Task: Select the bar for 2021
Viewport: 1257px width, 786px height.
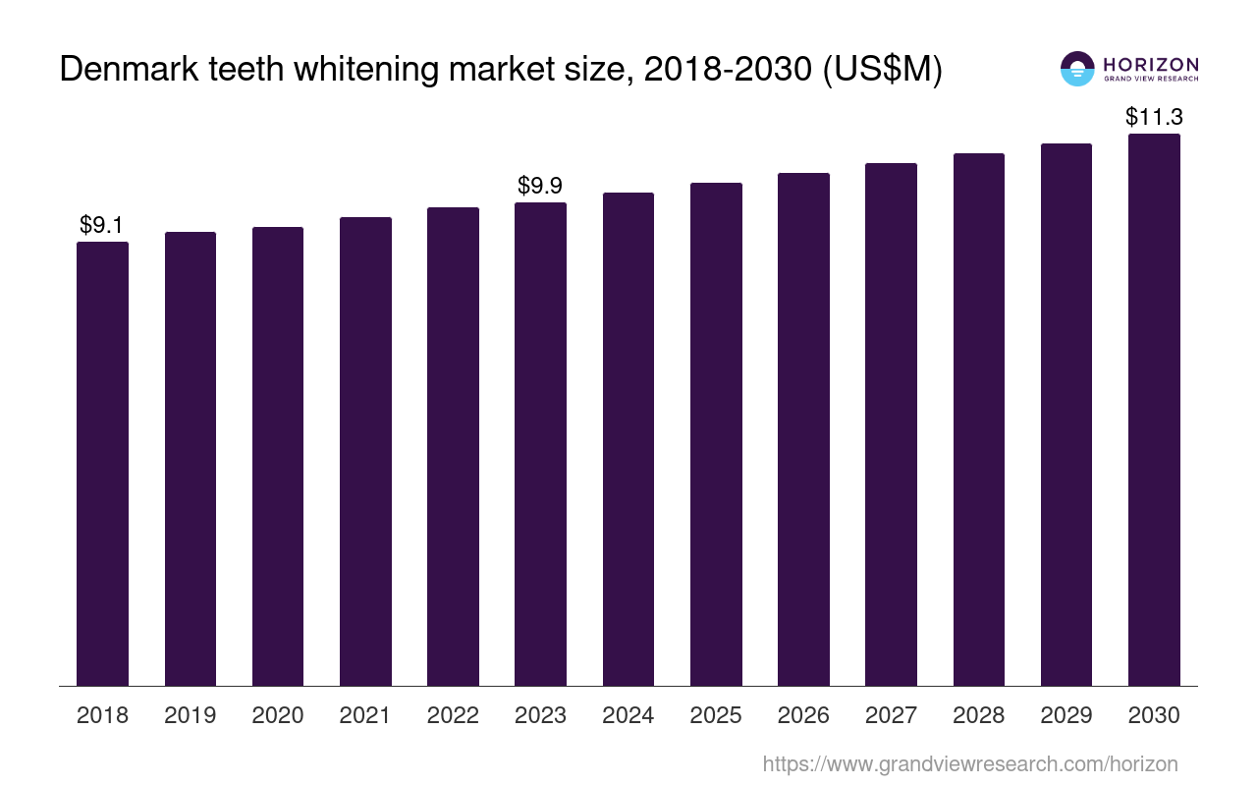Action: [x=365, y=452]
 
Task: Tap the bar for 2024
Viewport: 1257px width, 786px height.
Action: [x=628, y=439]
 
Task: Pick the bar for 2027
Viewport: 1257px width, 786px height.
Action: [x=891, y=424]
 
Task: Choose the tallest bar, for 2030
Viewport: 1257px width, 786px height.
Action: [x=1154, y=410]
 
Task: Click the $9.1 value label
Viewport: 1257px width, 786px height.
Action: [x=101, y=225]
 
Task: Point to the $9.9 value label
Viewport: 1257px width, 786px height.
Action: [x=540, y=186]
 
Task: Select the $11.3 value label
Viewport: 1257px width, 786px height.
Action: [x=1154, y=118]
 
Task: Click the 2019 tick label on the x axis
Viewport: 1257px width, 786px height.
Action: [x=191, y=715]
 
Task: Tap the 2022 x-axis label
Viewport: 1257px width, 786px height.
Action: [x=453, y=715]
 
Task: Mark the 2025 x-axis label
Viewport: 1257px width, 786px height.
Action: [x=716, y=715]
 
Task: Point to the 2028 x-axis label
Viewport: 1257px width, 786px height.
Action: [x=978, y=715]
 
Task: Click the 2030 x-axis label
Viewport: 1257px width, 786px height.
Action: [x=1154, y=715]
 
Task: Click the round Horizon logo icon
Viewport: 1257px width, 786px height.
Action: [x=1077, y=69]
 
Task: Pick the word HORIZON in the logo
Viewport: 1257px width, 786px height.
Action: [x=1150, y=64]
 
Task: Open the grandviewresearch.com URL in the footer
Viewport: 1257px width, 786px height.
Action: [x=970, y=763]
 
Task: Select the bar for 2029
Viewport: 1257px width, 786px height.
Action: [x=1066, y=415]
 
